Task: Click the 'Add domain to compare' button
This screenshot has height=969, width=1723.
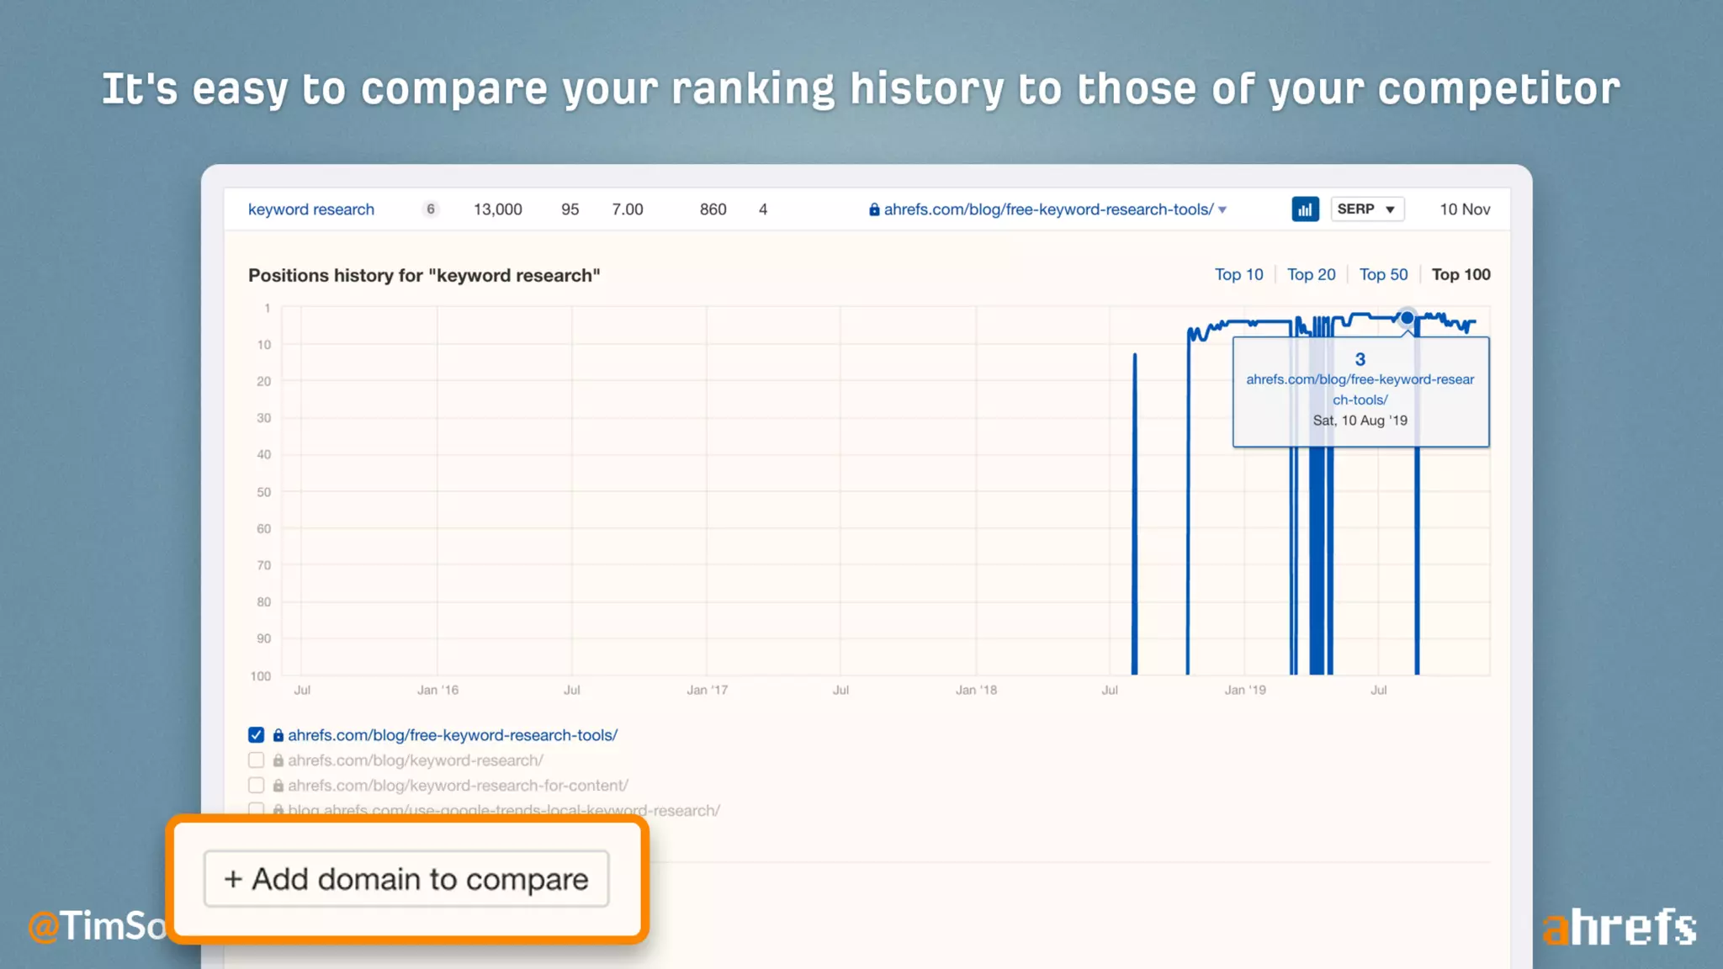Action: click(406, 879)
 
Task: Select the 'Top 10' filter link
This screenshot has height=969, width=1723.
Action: click(1238, 275)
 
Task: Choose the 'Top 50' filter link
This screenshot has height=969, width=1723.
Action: click(1383, 275)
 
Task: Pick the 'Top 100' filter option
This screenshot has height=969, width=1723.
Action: click(1461, 275)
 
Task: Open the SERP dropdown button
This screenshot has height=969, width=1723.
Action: click(1367, 209)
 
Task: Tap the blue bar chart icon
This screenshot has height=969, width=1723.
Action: click(1305, 209)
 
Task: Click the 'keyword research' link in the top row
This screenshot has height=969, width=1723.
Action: click(311, 209)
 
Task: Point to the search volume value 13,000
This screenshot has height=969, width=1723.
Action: click(497, 209)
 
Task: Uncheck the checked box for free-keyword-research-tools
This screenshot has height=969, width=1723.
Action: click(257, 735)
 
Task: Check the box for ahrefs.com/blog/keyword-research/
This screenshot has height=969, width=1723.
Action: click(257, 760)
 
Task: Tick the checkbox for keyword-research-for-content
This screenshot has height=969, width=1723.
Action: click(257, 786)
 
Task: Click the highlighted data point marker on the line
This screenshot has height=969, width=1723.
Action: click(1407, 318)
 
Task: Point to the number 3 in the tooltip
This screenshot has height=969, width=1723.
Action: click(1360, 360)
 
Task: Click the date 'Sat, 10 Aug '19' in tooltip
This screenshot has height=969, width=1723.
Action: click(1360, 421)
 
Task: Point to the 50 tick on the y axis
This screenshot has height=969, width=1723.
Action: click(264, 492)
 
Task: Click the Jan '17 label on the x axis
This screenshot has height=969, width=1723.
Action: click(707, 691)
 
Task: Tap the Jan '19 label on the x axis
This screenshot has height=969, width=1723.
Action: click(1244, 691)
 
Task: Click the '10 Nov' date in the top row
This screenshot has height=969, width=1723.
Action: click(1465, 209)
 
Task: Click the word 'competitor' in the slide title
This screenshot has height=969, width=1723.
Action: click(1498, 89)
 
